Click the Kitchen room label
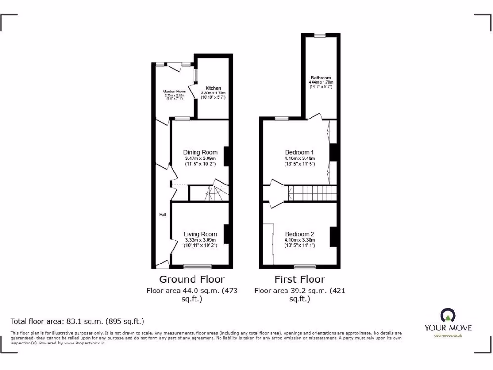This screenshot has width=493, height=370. pyautogui.click(x=213, y=88)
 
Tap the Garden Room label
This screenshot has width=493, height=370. pyautogui.click(x=174, y=91)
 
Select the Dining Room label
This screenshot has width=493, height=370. pyautogui.click(x=200, y=153)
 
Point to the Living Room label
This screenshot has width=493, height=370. pyautogui.click(x=200, y=234)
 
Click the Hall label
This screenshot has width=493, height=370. pyautogui.click(x=163, y=214)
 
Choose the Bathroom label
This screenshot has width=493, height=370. pyautogui.click(x=321, y=78)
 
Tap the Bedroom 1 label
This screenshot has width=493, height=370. pyautogui.click(x=299, y=152)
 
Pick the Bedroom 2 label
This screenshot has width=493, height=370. pyautogui.click(x=299, y=234)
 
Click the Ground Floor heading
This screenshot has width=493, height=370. pyautogui.click(x=192, y=279)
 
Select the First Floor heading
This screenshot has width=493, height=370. pyautogui.click(x=299, y=279)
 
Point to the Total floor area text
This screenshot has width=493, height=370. pyautogui.click(x=78, y=321)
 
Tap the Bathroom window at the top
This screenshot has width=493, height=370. pyautogui.click(x=320, y=35)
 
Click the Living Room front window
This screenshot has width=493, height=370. pyautogui.click(x=197, y=266)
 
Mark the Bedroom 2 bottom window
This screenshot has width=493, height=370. pyautogui.click(x=305, y=266)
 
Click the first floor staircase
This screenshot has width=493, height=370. pyautogui.click(x=312, y=193)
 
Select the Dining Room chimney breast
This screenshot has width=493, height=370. pyautogui.click(x=226, y=156)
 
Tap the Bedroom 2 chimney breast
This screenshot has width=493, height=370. pyautogui.click(x=333, y=237)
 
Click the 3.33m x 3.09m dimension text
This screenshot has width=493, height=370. pyautogui.click(x=200, y=240)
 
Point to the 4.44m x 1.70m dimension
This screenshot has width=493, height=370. pyautogui.click(x=321, y=82)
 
